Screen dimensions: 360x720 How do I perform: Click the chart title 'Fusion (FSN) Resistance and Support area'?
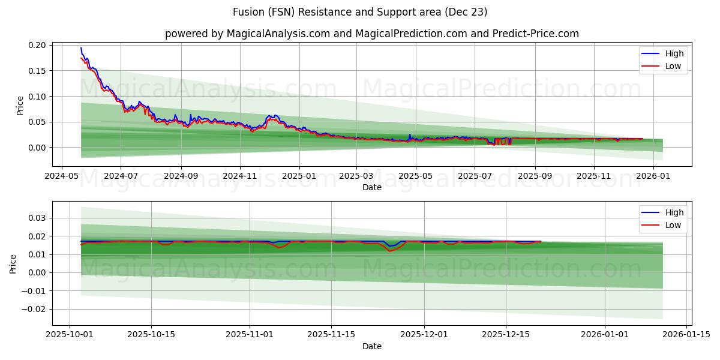tap(359, 12)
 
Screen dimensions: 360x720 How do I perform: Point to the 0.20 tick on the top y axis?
tap(37, 45)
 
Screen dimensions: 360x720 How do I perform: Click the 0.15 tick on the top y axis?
tap(37, 71)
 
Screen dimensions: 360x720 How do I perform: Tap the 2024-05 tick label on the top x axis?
tap(62, 176)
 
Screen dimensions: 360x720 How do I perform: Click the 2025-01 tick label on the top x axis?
tap(299, 176)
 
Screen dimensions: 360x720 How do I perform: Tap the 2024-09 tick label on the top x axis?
tap(181, 176)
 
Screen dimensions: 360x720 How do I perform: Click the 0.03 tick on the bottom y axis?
tap(37, 218)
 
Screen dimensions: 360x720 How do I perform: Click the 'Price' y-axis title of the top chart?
tap(20, 105)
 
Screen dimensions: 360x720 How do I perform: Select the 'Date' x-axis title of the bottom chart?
tap(371, 346)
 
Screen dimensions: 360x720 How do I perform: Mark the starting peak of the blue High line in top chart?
tap(81, 48)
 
